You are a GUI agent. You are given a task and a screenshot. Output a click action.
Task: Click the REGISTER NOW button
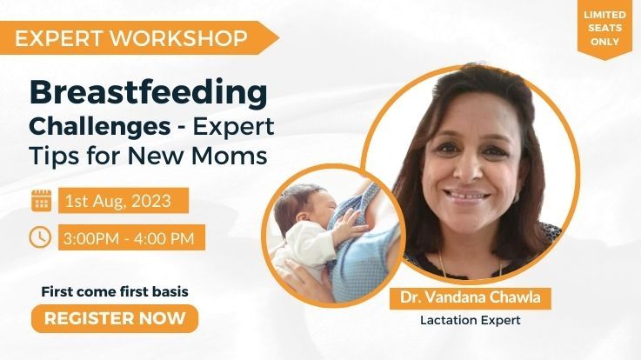click(115, 318)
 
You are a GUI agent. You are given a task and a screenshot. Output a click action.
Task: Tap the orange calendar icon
click(41, 201)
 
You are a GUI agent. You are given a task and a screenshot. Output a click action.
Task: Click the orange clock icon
click(41, 236)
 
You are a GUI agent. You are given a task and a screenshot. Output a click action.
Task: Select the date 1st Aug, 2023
click(125, 201)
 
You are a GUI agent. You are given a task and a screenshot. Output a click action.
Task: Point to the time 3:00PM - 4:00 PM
click(132, 237)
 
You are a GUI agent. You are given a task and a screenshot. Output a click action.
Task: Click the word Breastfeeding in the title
click(148, 91)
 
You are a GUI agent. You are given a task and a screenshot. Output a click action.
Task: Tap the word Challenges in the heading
click(99, 127)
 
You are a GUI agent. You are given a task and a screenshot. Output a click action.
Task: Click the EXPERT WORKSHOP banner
click(131, 37)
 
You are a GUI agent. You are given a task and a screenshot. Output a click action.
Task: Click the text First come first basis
click(115, 291)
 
